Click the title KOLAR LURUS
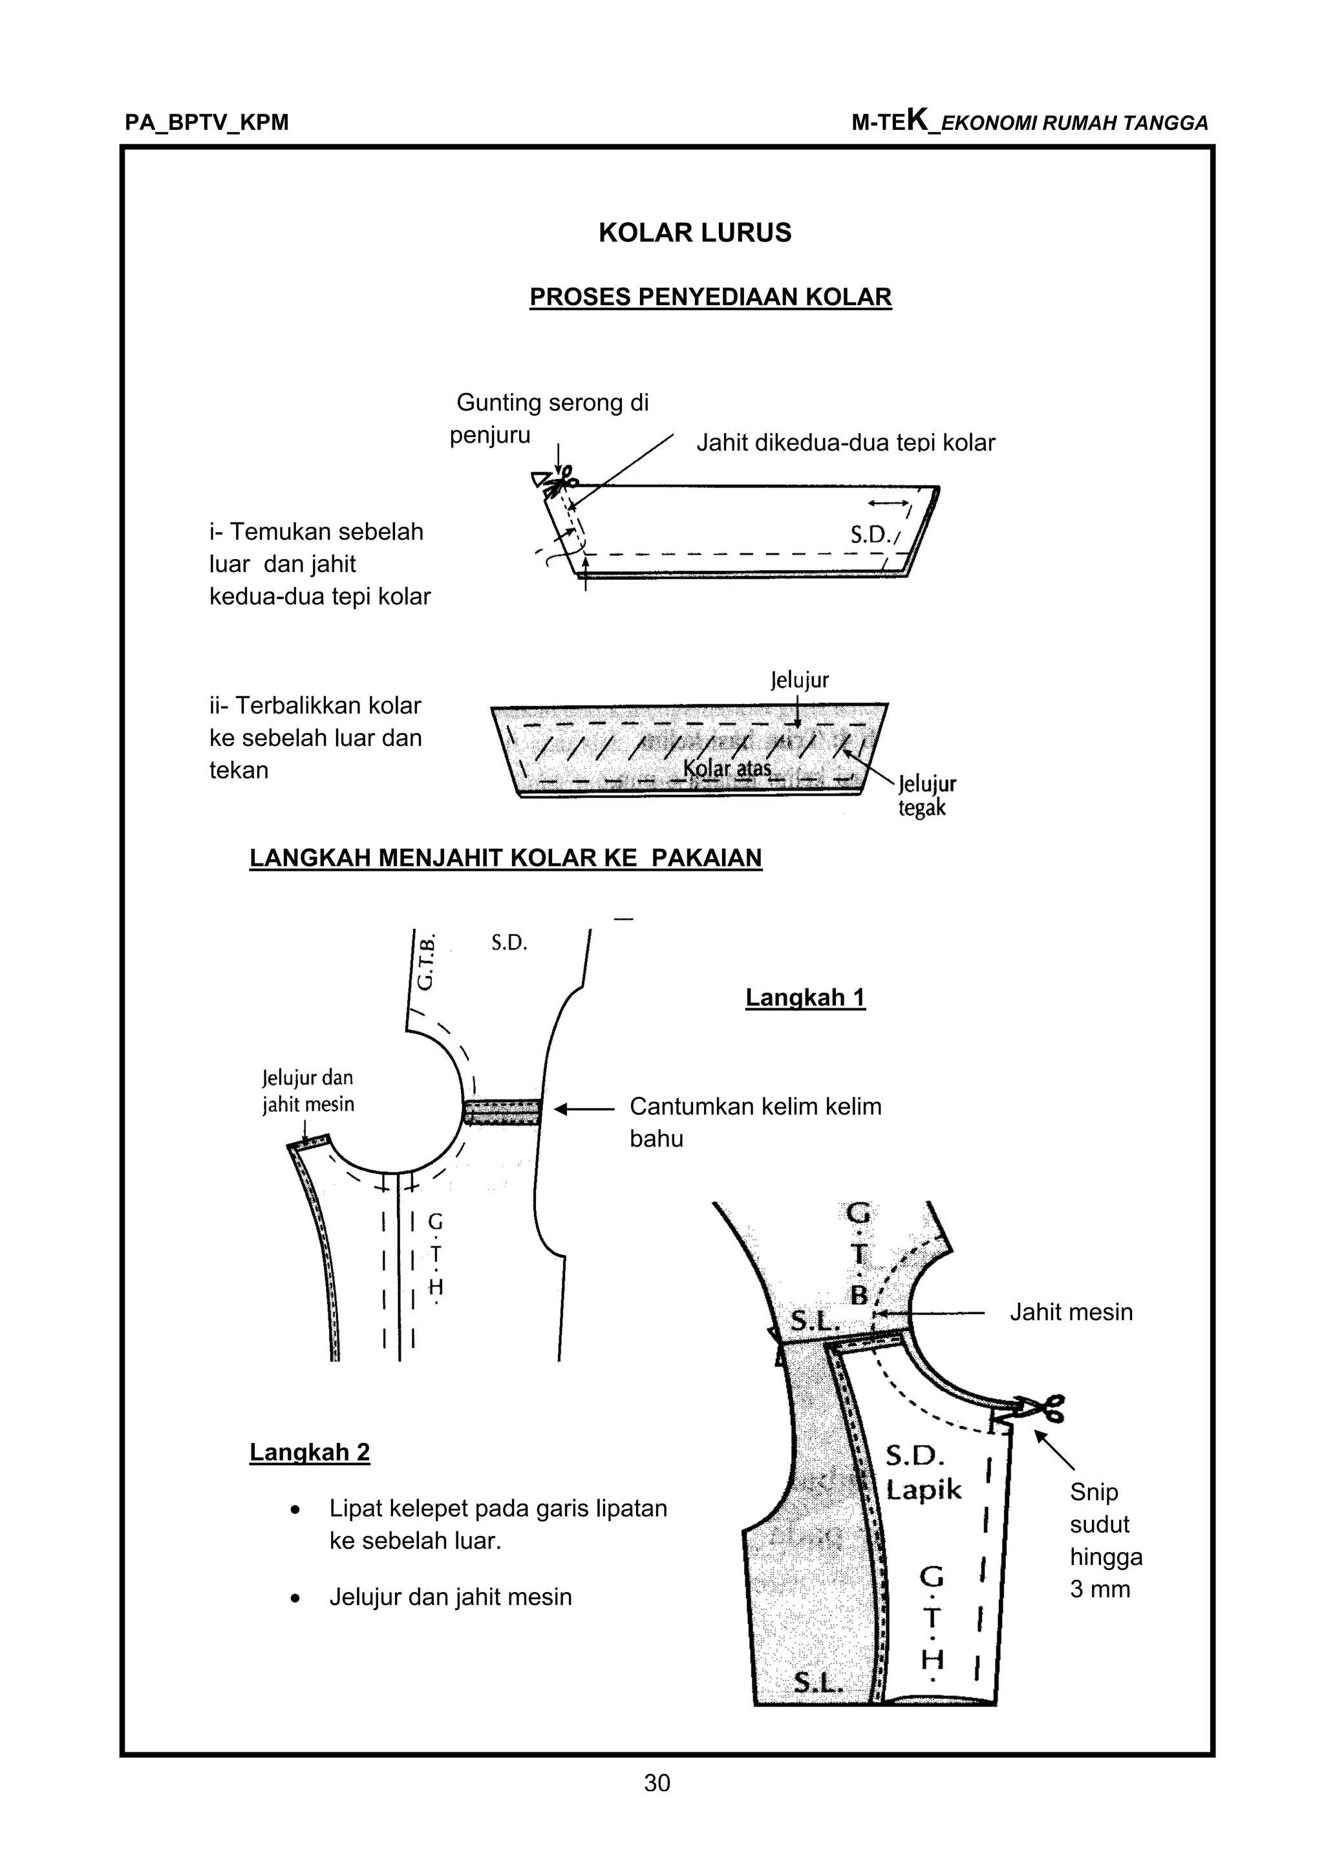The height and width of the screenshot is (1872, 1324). click(x=694, y=233)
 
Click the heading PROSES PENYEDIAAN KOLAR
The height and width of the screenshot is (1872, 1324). click(x=710, y=297)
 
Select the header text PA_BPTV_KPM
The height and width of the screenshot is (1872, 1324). click(x=207, y=123)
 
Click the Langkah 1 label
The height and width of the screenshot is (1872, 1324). click(x=805, y=997)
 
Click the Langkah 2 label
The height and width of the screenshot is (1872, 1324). click(x=309, y=1452)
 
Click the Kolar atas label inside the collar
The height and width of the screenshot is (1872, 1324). click(x=727, y=768)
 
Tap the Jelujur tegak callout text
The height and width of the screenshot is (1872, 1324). click(x=926, y=796)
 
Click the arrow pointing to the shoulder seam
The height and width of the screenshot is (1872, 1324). click(x=584, y=1109)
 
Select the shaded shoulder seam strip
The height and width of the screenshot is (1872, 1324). click(x=502, y=1112)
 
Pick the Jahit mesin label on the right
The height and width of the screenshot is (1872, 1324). click(x=1071, y=1312)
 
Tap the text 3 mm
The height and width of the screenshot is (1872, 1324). click(x=1100, y=1589)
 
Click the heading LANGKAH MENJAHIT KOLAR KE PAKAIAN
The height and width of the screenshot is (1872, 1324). click(x=506, y=858)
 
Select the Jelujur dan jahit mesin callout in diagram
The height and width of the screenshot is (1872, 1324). click(x=308, y=1091)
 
